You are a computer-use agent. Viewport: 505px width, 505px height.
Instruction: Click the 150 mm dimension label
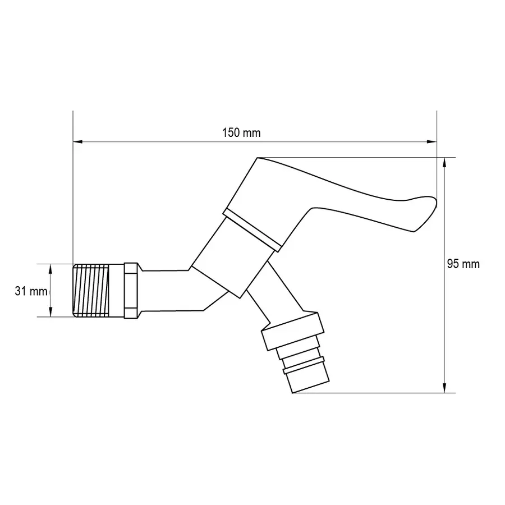pyautogui.click(x=241, y=132)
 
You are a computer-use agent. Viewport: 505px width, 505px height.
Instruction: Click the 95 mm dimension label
pyautogui.click(x=463, y=264)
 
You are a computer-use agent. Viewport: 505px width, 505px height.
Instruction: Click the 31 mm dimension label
pyautogui.click(x=31, y=291)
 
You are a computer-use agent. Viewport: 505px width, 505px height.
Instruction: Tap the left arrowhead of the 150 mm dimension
pyautogui.click(x=78, y=142)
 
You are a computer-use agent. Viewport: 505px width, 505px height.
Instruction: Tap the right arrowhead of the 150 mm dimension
pyautogui.click(x=431, y=142)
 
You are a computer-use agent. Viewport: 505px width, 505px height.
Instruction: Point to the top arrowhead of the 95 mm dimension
pyautogui.click(x=444, y=162)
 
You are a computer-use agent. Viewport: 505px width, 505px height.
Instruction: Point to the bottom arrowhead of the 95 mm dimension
pyautogui.click(x=444, y=388)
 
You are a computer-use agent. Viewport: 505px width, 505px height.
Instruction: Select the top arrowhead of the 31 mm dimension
pyautogui.click(x=50, y=269)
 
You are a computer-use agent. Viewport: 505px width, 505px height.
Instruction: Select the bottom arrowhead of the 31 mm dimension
pyautogui.click(x=50, y=312)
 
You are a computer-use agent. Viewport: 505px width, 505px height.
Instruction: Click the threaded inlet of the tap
pyautogui.click(x=91, y=290)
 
